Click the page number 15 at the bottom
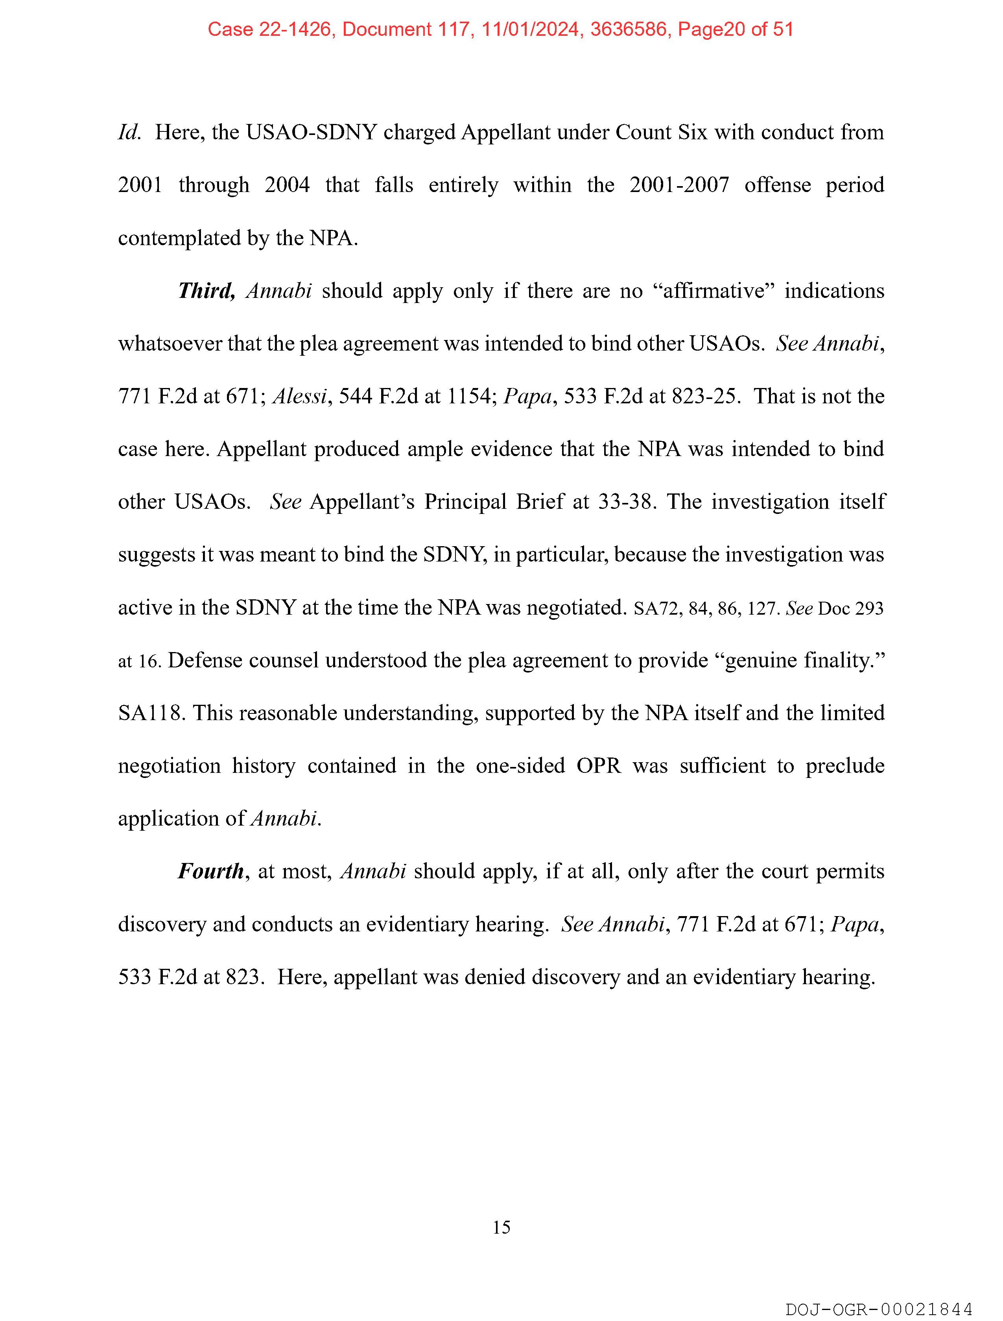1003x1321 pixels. [501, 1227]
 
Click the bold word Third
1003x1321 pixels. [206, 291]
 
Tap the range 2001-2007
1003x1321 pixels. [679, 185]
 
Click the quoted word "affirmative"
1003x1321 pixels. [715, 291]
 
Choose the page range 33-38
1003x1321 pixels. [627, 502]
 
